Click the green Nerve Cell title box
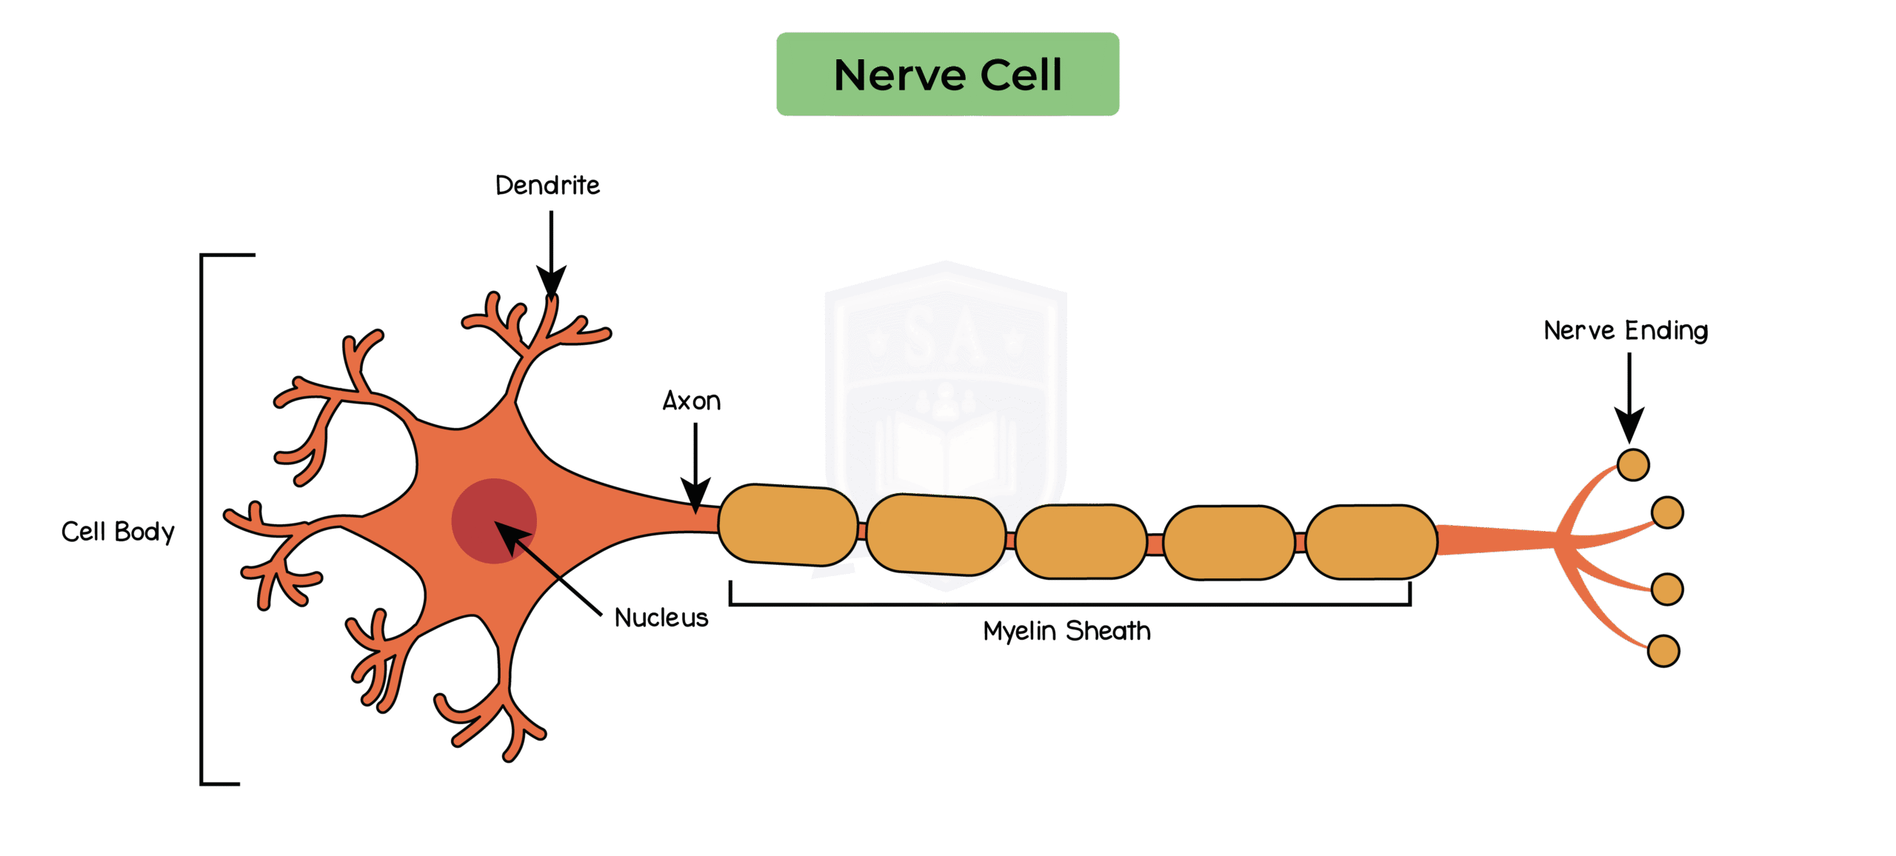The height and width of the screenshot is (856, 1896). (x=947, y=74)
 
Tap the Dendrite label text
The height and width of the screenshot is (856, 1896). (x=547, y=185)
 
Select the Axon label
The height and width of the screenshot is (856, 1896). (x=691, y=401)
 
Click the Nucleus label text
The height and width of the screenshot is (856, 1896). (x=661, y=618)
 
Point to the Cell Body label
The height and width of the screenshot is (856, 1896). (x=118, y=532)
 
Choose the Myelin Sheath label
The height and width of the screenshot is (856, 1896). (x=1066, y=631)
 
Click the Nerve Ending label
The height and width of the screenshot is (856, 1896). (x=1626, y=330)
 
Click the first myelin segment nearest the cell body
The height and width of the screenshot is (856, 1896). (x=787, y=525)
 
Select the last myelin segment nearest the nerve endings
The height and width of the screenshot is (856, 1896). (x=1371, y=541)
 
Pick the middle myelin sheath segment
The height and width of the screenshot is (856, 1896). (x=1081, y=541)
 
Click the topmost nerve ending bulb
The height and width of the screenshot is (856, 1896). (x=1633, y=465)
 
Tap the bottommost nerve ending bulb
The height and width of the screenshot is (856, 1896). (x=1663, y=651)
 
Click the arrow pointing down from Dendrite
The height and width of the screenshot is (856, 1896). (x=551, y=252)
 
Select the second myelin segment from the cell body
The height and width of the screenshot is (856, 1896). (x=935, y=534)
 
